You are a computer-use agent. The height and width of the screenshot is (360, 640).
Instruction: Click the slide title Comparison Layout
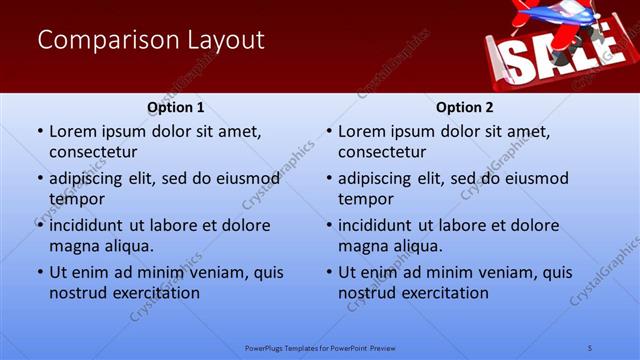click(x=151, y=41)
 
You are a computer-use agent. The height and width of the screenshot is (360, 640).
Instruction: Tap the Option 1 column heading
click(x=176, y=107)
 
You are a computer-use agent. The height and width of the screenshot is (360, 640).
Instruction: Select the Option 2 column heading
click(x=465, y=107)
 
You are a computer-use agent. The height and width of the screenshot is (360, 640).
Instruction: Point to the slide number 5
click(x=590, y=347)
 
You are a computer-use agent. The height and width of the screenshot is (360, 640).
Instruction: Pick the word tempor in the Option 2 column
click(x=365, y=199)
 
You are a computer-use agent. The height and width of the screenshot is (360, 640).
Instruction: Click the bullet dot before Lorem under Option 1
click(x=39, y=131)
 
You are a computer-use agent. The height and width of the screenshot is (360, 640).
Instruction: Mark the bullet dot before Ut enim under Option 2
click(x=328, y=272)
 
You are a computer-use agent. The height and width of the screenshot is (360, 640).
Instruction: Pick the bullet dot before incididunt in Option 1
click(x=39, y=225)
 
